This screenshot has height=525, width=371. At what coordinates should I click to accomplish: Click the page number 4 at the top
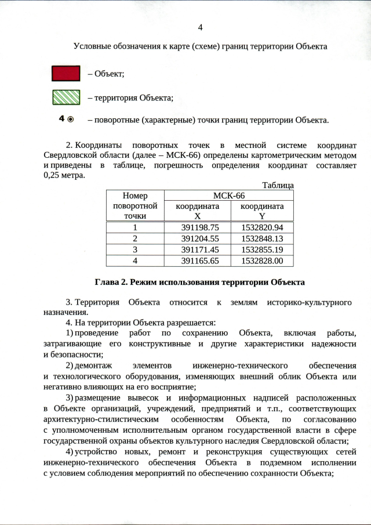tap(201, 28)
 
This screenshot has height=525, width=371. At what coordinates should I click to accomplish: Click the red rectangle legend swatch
tap(66, 73)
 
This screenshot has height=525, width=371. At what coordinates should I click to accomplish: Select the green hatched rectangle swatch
tap(66, 97)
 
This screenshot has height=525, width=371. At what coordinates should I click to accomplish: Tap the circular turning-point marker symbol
tap(71, 120)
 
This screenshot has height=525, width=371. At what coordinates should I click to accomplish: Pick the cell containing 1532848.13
tap(262, 238)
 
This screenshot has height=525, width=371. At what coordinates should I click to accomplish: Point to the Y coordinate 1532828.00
tap(262, 261)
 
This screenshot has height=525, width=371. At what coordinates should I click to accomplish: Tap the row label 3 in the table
tap(135, 249)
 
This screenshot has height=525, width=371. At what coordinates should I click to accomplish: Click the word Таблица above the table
tap(278, 185)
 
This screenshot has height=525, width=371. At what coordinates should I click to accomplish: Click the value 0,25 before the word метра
tap(53, 175)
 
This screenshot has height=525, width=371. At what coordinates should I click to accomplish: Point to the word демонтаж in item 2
tap(92, 365)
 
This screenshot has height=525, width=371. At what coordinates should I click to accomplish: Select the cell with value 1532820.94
tap(262, 227)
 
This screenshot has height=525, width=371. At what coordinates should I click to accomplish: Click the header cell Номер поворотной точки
tap(135, 206)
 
